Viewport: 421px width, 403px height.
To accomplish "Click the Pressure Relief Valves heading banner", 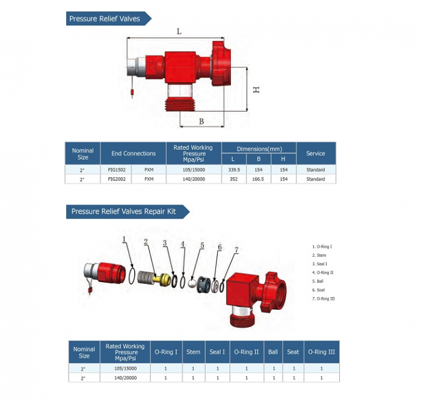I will (x=105, y=19).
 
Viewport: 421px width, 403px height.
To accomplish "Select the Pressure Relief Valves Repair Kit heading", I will (x=124, y=211).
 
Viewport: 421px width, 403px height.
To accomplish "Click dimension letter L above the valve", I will (x=179, y=31).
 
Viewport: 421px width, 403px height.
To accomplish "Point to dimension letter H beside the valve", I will (x=256, y=89).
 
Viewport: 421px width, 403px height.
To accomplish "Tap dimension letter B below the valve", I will (x=201, y=122).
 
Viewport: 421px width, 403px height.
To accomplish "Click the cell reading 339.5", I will (x=233, y=170).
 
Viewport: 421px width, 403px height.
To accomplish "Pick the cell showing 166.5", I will (x=259, y=179).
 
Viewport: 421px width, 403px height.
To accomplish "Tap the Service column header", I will (x=315, y=153).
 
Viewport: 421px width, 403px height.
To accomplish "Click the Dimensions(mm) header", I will (x=259, y=148).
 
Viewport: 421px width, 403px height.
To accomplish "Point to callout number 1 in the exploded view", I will (x=124, y=239).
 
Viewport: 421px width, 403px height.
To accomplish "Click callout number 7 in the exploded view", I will (x=236, y=249).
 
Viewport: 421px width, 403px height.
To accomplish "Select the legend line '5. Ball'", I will (x=320, y=280).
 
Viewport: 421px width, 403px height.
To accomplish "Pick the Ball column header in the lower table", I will (x=273, y=352).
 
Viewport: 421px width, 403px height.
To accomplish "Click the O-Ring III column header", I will (x=321, y=352).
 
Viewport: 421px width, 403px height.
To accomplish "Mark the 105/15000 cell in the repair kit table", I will (x=125, y=368).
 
